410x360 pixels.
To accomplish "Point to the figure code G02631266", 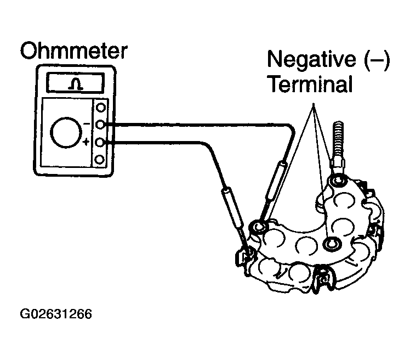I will (x=56, y=315).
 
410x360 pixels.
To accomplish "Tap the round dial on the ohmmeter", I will (x=66, y=132).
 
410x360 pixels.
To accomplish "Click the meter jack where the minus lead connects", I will (x=100, y=125).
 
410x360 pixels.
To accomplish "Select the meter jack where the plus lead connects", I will (x=100, y=143).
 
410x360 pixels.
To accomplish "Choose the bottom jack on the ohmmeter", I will (x=100, y=160).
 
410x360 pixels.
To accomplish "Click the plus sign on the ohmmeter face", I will (x=86, y=143).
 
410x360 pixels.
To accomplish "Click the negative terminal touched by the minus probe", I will (x=259, y=225).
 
